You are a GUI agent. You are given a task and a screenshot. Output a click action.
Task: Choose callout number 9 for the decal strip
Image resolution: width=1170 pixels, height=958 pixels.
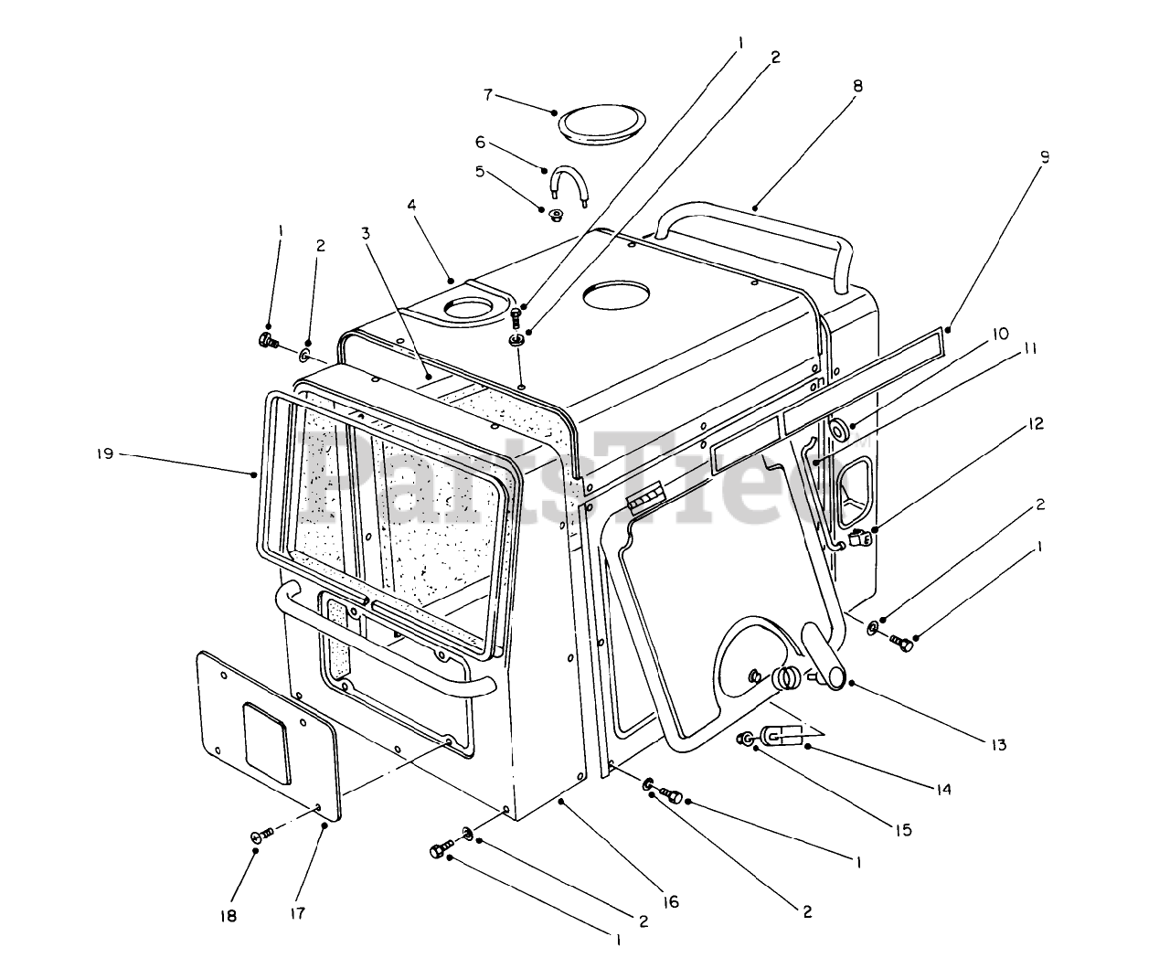pos(1045,156)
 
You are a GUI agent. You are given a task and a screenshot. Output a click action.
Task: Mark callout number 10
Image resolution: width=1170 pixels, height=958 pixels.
pos(1002,334)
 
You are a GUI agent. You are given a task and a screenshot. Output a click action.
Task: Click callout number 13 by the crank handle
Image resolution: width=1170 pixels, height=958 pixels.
pos(998,745)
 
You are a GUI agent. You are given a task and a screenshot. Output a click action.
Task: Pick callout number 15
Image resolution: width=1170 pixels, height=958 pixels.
pos(902,830)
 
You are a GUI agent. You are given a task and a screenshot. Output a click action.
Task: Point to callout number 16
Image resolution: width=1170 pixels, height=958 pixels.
pos(672,901)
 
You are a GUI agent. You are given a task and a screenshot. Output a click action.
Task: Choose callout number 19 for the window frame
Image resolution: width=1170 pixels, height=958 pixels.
pos(107,453)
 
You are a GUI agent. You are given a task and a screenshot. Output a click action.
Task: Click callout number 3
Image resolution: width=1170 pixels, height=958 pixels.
pos(366,233)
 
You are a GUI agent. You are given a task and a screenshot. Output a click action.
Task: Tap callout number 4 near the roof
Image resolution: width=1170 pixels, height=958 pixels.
pos(412,206)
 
